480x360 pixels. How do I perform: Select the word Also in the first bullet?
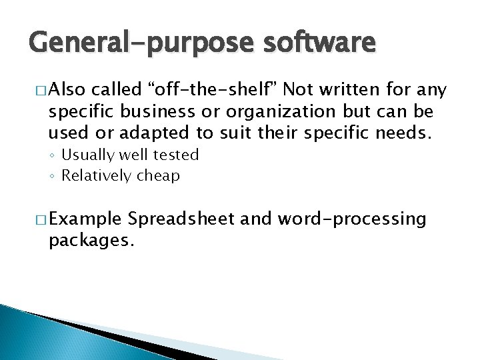[x=69, y=89]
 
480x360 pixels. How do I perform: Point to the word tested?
[x=177, y=155]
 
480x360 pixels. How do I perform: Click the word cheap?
[x=159, y=177]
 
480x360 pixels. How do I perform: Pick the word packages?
[x=91, y=239]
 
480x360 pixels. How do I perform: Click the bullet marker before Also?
[x=39, y=89]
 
